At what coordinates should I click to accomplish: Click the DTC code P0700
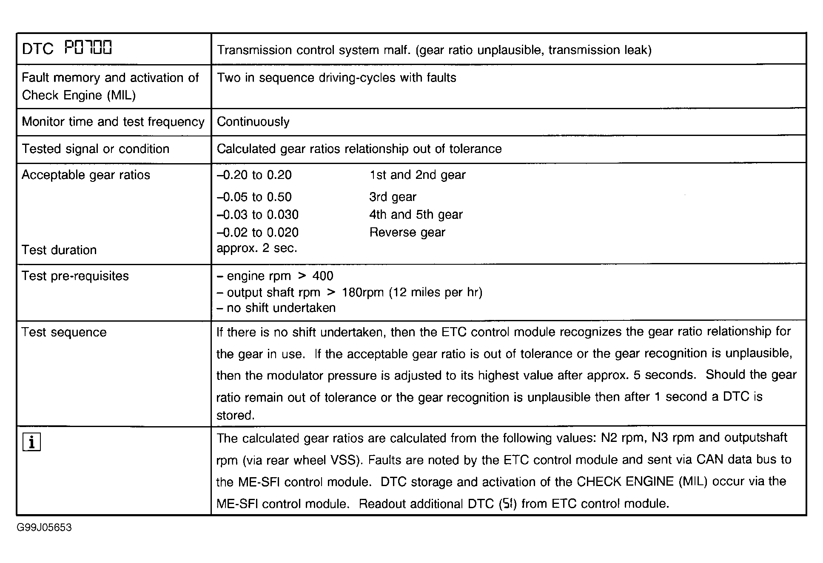pos(88,48)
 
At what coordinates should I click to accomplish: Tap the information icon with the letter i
pos(31,442)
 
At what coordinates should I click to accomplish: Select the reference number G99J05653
pos(44,528)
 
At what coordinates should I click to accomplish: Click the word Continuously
pos(253,122)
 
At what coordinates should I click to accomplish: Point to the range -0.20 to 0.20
pos(254,175)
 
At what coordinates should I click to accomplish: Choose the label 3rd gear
pos(393,197)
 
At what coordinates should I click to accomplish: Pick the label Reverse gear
pos(407,232)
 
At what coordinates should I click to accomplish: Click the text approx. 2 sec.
pos(256,248)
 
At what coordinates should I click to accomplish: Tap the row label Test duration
pos(59,250)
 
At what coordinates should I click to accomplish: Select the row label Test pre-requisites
pos(75,276)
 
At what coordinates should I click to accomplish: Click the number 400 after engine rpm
pos(323,276)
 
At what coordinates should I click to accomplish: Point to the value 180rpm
pos(363,293)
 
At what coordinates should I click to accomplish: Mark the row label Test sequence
pos(64,332)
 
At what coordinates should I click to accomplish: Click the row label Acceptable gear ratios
pos(86,175)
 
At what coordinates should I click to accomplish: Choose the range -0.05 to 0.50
pos(254,197)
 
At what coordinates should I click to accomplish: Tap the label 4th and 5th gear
pos(416,215)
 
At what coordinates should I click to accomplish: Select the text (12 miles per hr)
pos(436,293)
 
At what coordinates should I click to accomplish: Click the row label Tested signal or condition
pos(96,149)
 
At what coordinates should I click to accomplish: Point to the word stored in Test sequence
pos(235,416)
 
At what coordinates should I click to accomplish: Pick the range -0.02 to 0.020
pos(258,232)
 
